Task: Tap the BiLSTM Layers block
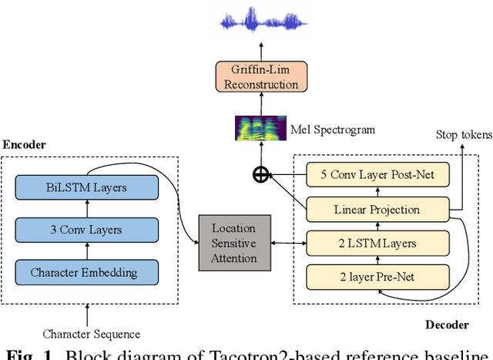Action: tap(86, 187)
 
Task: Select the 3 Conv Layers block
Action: tap(86, 229)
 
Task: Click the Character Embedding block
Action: tap(86, 271)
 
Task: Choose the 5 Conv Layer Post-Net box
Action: tap(377, 175)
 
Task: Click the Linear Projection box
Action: tap(377, 209)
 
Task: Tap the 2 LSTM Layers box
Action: tap(377, 243)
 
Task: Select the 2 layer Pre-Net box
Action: tap(377, 277)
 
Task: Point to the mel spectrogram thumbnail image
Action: tap(260, 128)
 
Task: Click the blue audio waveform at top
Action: tap(260, 20)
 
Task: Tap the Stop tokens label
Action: tap(462, 136)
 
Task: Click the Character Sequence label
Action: tap(91, 334)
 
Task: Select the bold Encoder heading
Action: tap(25, 145)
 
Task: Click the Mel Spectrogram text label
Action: tap(334, 130)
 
